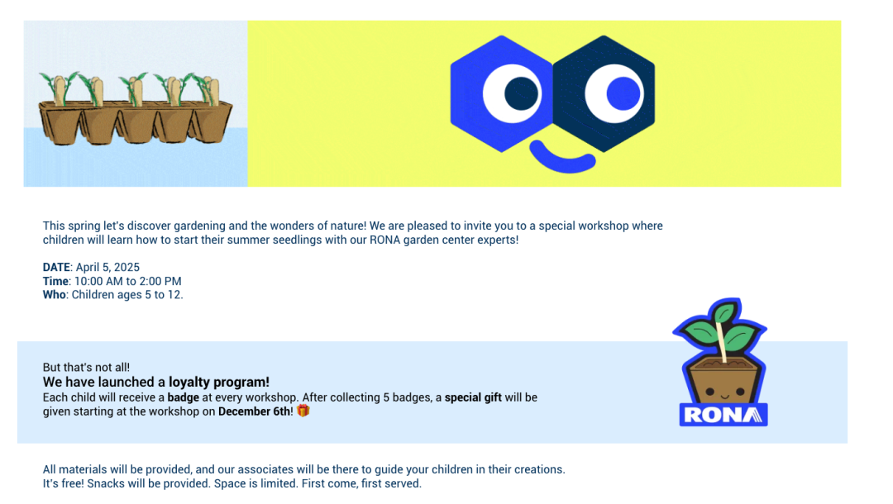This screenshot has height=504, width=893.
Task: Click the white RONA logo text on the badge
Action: [723, 415]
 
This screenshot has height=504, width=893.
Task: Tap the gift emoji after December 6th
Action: [303, 410]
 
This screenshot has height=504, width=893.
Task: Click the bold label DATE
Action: [56, 268]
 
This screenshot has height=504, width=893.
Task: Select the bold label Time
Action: [56, 281]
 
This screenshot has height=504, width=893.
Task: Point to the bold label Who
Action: [54, 295]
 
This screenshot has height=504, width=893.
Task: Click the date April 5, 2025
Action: [107, 268]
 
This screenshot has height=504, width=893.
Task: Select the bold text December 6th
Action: [254, 411]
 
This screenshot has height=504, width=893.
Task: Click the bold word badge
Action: [184, 397]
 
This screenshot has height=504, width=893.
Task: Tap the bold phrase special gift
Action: [473, 397]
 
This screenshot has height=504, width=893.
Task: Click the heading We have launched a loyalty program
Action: [156, 382]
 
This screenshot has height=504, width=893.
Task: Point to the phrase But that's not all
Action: [86, 368]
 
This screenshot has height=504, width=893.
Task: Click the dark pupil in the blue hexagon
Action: [521, 94]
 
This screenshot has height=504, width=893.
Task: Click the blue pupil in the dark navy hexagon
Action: [623, 93]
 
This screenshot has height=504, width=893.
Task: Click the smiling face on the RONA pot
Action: [724, 393]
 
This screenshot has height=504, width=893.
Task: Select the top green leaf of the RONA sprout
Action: [724, 312]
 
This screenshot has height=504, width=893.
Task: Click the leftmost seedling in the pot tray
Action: [61, 88]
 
